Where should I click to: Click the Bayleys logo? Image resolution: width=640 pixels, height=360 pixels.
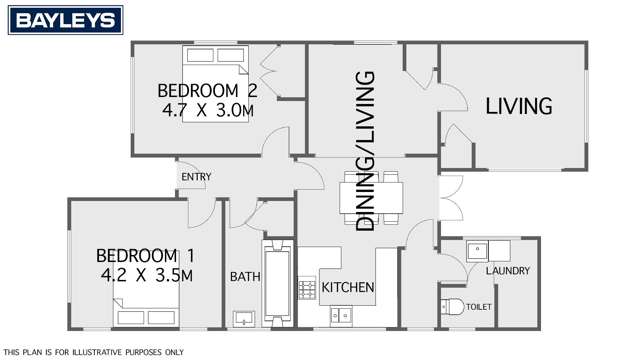[65, 20]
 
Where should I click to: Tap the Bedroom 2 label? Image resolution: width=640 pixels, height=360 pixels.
[207, 91]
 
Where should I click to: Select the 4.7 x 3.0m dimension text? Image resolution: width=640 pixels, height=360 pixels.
[208, 110]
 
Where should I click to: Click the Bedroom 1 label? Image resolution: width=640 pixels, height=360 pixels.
[145, 256]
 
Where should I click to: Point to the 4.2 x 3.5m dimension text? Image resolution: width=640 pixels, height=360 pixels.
[147, 276]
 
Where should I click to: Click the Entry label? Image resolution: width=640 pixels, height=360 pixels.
[196, 177]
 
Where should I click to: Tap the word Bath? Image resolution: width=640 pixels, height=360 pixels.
[245, 277]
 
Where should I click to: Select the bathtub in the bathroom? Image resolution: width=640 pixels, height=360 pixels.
[278, 283]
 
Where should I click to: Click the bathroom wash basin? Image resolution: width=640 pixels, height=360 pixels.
[244, 319]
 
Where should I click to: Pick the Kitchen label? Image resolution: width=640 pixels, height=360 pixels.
[348, 287]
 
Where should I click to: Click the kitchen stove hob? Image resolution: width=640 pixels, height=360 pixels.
[307, 288]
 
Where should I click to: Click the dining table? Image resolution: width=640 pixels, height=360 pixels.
[371, 198]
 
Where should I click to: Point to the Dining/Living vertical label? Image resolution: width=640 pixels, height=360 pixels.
[365, 151]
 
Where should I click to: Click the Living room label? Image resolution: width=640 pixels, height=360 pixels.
[519, 106]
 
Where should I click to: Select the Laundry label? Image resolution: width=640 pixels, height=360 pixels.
[508, 271]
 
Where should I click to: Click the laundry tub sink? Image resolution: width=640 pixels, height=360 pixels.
[478, 251]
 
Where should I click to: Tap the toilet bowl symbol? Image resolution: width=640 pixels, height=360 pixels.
[452, 306]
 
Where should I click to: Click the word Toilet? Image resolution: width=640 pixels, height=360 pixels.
[479, 307]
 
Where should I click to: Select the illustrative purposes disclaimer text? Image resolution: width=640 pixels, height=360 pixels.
[93, 352]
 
